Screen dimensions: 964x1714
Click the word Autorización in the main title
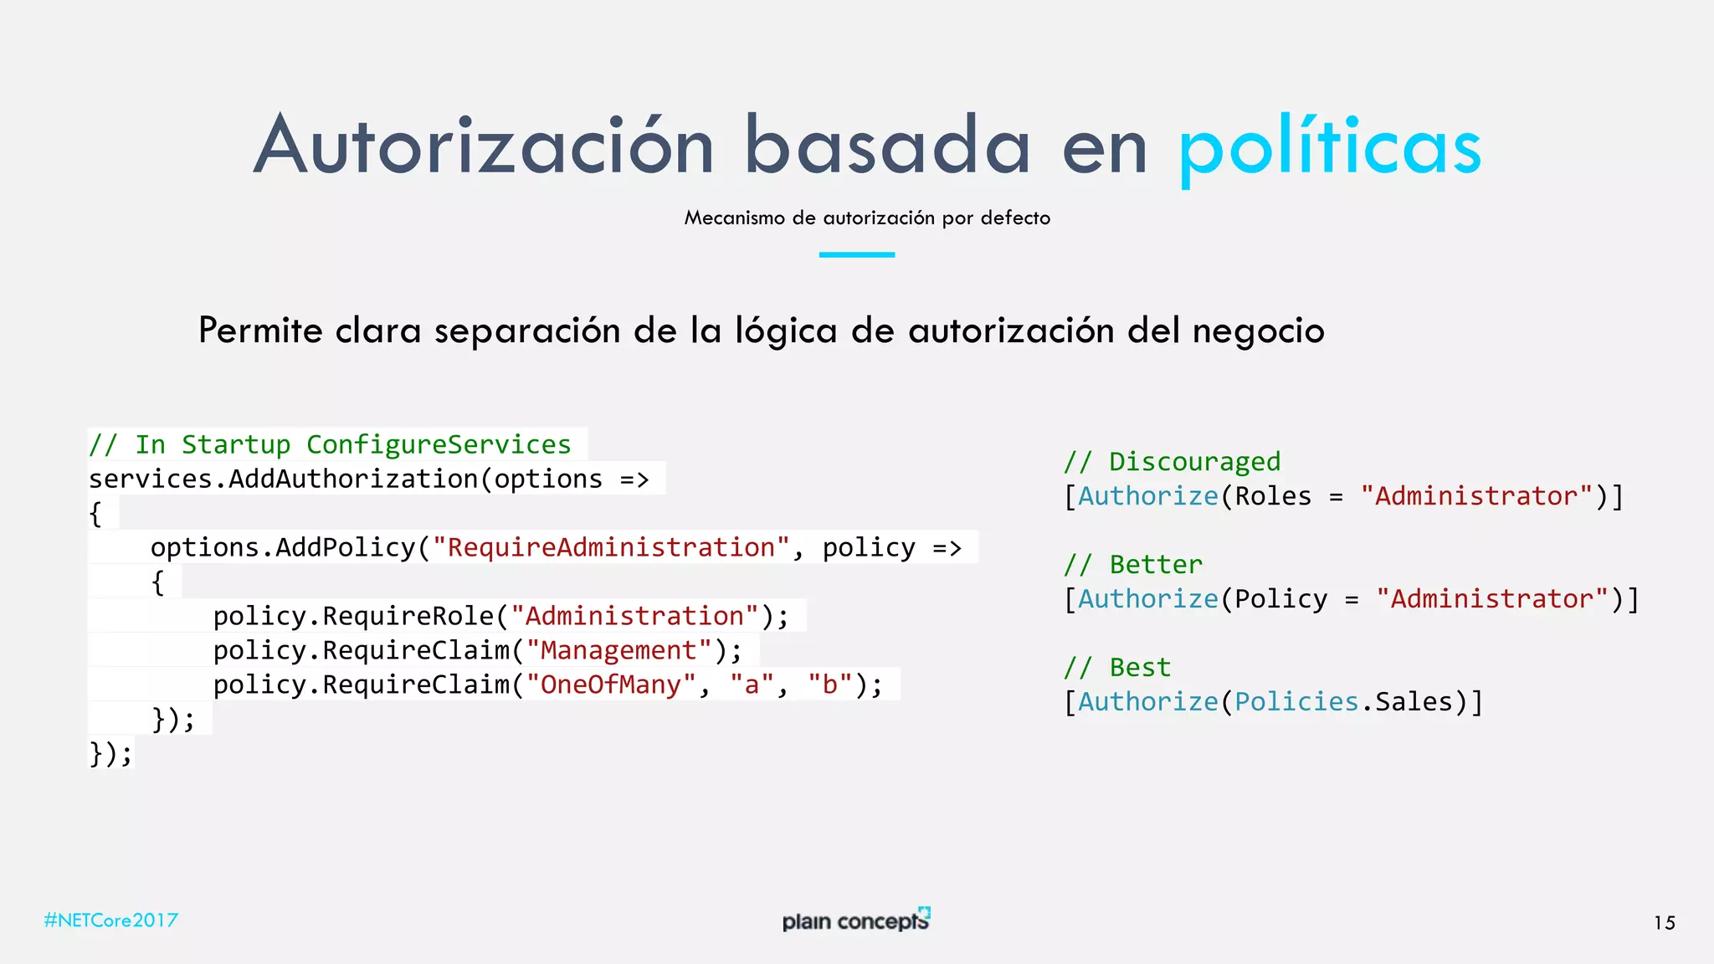[x=484, y=146]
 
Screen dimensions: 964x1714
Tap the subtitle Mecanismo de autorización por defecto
[x=867, y=218]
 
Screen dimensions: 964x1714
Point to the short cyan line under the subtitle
[x=856, y=254]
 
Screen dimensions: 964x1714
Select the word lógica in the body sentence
[x=786, y=331]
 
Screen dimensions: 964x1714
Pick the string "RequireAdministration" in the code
[x=611, y=547]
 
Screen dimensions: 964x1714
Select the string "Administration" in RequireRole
[x=634, y=616]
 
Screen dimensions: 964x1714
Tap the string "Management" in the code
[x=618, y=650]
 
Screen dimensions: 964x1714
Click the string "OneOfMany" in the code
[x=611, y=685]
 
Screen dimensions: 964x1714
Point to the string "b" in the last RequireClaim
[x=829, y=685]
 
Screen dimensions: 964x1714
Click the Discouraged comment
[x=1172, y=462]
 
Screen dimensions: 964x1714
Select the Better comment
[x=1133, y=565]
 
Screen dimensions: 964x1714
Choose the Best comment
[x=1117, y=668]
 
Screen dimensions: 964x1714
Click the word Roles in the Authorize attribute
[x=1273, y=496]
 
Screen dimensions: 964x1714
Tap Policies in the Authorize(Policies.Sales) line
[x=1296, y=702]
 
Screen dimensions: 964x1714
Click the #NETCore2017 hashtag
[x=111, y=920]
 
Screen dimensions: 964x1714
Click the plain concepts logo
[x=856, y=920]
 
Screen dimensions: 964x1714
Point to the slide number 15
[x=1664, y=923]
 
